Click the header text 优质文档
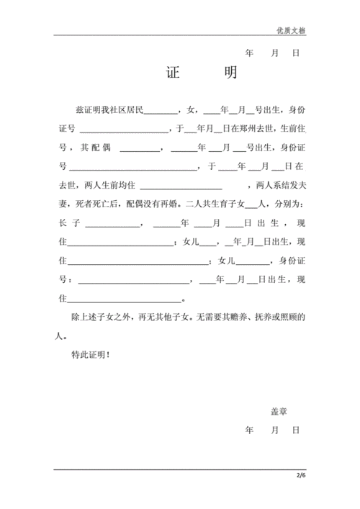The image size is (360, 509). (291, 30)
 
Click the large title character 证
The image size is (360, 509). (172, 74)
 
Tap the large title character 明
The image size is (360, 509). (230, 74)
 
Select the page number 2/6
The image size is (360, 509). (300, 476)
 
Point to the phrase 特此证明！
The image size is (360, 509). (91, 355)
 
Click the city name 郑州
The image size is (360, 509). (249, 129)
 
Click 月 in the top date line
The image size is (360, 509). (274, 54)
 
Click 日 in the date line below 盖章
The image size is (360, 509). (295, 430)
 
